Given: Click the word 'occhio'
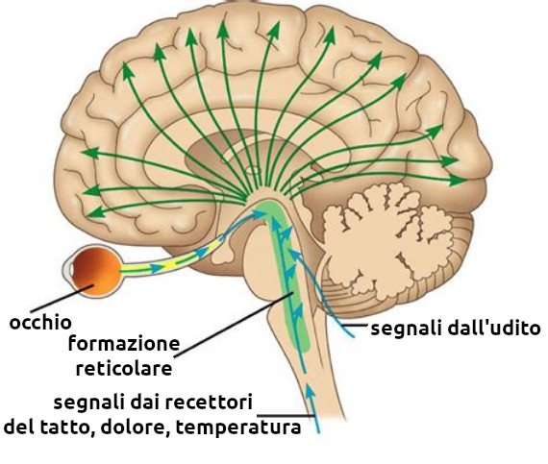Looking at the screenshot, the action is click(40, 323).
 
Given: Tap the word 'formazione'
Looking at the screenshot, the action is click(124, 343).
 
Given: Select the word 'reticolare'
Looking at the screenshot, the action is click(124, 368).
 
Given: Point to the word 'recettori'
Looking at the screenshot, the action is click(209, 403).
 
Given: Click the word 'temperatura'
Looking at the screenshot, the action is click(238, 427).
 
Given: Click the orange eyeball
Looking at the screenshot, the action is click(97, 271).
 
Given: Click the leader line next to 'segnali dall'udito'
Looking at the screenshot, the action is click(355, 326).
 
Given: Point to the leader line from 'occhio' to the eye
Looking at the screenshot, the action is click(62, 298).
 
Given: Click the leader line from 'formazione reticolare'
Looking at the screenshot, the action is click(234, 325).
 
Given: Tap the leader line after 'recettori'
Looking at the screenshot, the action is click(286, 415).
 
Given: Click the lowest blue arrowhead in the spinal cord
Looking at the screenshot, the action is click(310, 390).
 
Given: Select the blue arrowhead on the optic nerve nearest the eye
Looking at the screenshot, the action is click(158, 268).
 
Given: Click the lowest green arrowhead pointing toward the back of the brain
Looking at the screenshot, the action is click(458, 181).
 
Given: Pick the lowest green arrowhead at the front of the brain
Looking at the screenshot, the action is click(95, 212).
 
